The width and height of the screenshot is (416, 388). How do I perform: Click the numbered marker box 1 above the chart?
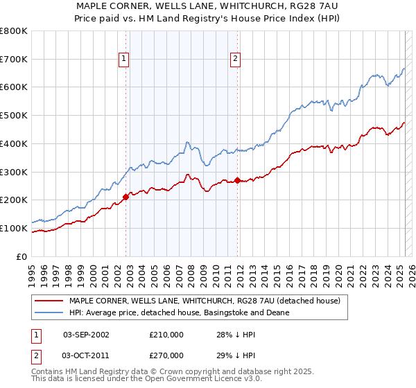[x=124, y=59]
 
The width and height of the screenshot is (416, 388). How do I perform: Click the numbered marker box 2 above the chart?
[x=236, y=59]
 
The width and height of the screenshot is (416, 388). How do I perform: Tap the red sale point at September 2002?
[x=125, y=197]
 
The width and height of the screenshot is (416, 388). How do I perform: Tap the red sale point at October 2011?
[x=237, y=180]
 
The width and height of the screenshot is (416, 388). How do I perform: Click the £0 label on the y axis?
[x=23, y=256]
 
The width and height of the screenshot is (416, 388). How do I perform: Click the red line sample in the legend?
[x=49, y=301]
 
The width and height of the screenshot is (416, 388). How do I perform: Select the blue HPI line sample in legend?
[x=49, y=313]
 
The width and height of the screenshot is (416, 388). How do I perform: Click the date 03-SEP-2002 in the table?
[x=86, y=335]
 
